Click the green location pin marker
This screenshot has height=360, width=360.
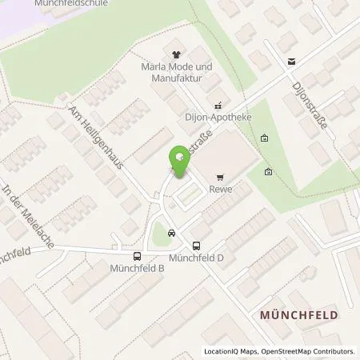coord(179,163)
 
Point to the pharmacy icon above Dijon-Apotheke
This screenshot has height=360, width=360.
coord(216,104)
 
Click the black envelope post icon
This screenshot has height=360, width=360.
coord(291,62)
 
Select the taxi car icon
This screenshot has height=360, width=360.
coord(173,233)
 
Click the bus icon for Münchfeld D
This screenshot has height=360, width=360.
coord(197,246)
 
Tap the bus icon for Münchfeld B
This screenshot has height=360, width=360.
coord(137,257)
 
